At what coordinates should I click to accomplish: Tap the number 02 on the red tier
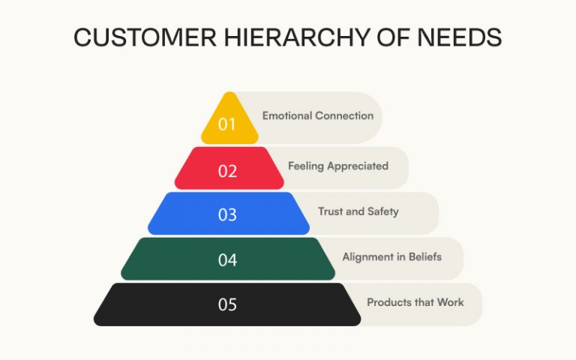pyautogui.click(x=227, y=170)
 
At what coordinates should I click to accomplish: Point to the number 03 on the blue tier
pyautogui.click(x=227, y=215)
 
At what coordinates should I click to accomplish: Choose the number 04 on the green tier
pyautogui.click(x=227, y=260)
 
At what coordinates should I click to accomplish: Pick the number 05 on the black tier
pyautogui.click(x=227, y=304)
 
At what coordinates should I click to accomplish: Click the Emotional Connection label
pyautogui.click(x=317, y=116)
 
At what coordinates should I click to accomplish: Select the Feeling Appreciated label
pyautogui.click(x=338, y=166)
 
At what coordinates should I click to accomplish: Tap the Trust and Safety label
pyautogui.click(x=358, y=211)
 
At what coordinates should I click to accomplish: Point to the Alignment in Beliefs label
pyautogui.click(x=391, y=257)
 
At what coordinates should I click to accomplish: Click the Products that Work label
pyautogui.click(x=415, y=302)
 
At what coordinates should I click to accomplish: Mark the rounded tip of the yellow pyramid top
pyautogui.click(x=229, y=96)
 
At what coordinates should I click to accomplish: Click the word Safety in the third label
pyautogui.click(x=382, y=211)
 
